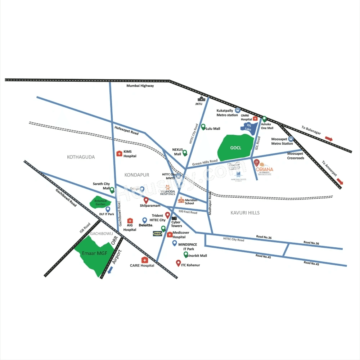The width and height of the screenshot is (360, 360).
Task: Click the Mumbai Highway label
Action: point(140,86)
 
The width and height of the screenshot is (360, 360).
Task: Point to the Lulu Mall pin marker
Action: point(203,127)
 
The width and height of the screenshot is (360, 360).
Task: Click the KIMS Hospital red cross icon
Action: point(119,154)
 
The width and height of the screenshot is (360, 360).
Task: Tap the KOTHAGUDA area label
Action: point(81,157)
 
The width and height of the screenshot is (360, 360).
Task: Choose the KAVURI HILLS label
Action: point(245,213)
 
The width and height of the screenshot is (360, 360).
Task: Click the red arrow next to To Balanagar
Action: point(329,138)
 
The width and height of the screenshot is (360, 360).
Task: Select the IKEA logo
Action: point(157,233)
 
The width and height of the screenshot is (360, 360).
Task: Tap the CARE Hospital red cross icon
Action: point(145,260)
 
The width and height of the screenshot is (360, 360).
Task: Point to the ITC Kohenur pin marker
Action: point(178,263)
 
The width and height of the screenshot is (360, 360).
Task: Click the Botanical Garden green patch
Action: point(98,202)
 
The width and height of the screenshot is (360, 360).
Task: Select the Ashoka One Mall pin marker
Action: point(264,119)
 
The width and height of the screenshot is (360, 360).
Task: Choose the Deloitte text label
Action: point(146,225)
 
